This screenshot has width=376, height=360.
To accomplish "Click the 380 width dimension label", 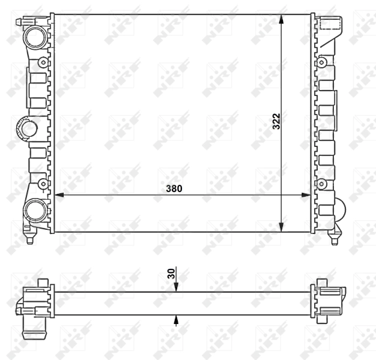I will pos(174,188).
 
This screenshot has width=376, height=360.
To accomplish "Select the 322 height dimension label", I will pos(276,122).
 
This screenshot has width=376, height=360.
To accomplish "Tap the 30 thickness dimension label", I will pos(171,274).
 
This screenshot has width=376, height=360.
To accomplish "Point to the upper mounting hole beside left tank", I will pos(43,62).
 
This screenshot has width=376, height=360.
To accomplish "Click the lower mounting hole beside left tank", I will pos(43,184).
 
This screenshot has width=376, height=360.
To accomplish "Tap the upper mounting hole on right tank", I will pos(321,62).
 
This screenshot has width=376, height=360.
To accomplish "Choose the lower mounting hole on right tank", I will pos(321,184).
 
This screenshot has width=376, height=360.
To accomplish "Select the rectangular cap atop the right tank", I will pos(331,24).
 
